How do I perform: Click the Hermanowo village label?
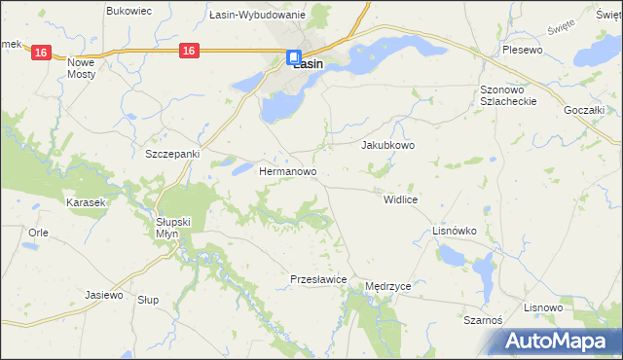coord(288,170)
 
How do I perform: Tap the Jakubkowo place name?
coord(388,145)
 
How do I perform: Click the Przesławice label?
coord(319,279)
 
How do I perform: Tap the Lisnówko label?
coord(454,231)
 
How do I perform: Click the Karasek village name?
coord(85,202)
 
